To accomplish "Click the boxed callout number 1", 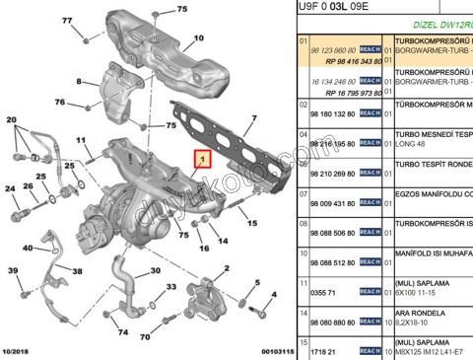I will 202,158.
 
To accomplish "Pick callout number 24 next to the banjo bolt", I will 10,188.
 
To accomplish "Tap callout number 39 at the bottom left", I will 13,270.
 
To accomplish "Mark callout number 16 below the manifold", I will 204,248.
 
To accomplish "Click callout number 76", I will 60,103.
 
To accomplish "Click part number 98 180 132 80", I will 332,114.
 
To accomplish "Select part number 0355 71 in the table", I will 323,293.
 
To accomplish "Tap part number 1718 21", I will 323,349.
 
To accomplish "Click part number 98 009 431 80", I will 332,203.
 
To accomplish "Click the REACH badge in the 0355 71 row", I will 370,293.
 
